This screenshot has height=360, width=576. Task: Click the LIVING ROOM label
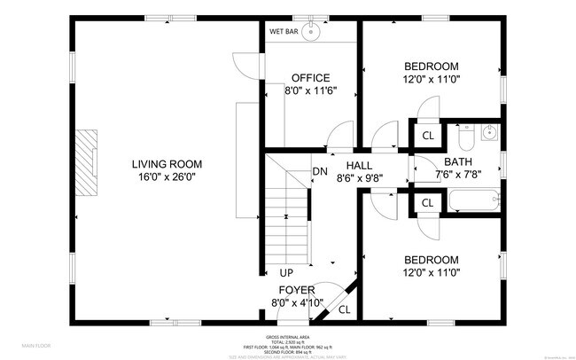point(167,164)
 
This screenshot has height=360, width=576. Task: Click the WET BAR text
point(284,31)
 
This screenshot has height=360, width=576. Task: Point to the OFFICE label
point(311,78)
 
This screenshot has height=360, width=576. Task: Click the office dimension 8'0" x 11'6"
point(311,90)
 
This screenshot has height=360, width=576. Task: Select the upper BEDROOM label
point(431,67)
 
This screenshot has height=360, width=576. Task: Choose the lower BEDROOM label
point(431,261)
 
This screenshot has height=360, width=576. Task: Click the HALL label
point(360,165)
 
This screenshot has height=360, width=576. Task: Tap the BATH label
point(433,162)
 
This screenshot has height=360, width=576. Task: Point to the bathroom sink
point(490,134)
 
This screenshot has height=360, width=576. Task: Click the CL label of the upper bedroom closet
point(427,136)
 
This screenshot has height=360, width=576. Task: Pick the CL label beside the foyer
point(344,309)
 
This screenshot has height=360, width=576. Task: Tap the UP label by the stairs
point(286,273)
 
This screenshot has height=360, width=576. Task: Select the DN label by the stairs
point(319,172)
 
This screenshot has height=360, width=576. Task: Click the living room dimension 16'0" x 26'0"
point(167,176)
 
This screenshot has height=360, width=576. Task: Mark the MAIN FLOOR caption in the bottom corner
point(36,345)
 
